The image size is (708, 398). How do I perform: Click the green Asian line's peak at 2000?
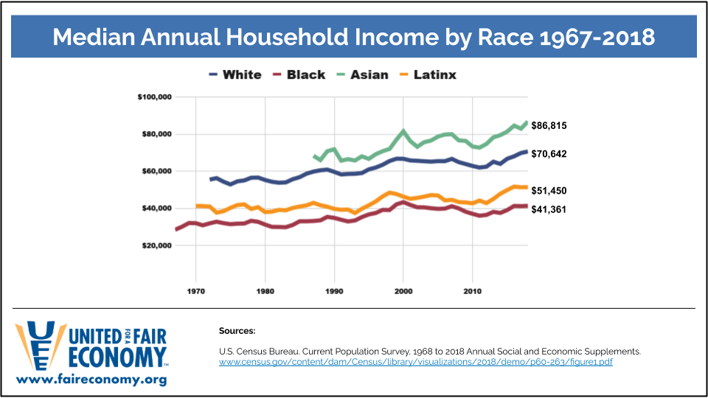pyautogui.click(x=403, y=131)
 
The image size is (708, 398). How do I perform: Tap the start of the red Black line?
pyautogui.click(x=176, y=229)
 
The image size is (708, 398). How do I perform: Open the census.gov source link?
pyautogui.click(x=415, y=362)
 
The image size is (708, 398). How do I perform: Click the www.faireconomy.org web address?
pyautogui.click(x=91, y=380)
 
